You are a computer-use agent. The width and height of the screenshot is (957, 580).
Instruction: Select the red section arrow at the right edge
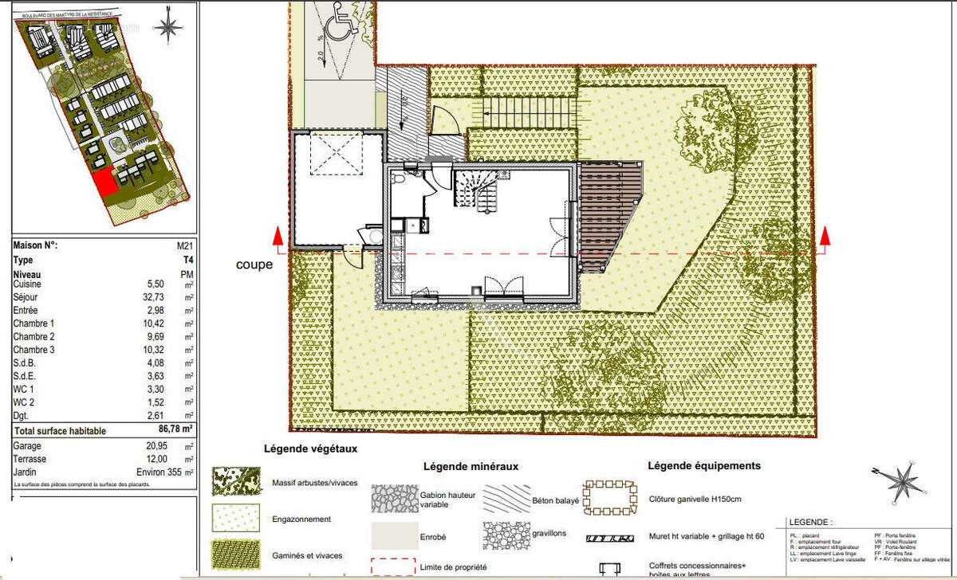[825, 235]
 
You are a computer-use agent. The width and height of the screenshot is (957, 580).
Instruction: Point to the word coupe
[254, 265]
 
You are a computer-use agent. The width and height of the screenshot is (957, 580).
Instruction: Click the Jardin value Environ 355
[166, 472]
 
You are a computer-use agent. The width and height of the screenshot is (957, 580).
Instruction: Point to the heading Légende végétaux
[310, 449]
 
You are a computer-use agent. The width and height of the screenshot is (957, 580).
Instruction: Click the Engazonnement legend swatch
[236, 519]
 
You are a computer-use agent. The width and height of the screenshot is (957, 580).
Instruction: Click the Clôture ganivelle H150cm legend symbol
[611, 499]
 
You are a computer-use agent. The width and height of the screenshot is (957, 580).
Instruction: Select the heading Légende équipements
[704, 465]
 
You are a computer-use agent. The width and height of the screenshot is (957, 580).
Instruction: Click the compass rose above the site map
[168, 26]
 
